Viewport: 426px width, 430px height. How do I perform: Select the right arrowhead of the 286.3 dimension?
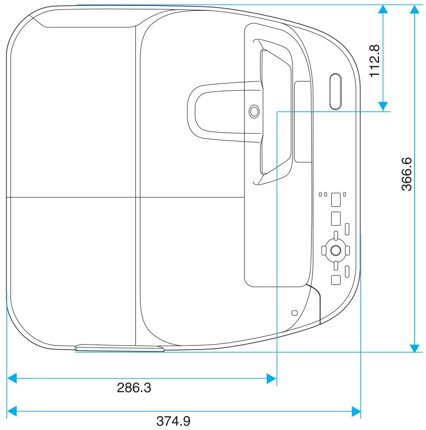pyautogui.click(x=271, y=379)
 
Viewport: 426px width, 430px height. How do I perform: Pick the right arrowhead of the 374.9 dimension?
pyautogui.click(x=355, y=411)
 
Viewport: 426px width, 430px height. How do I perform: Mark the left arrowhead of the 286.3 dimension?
pyautogui.click(x=12, y=379)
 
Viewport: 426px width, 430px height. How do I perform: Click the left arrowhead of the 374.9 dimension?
pyautogui.click(x=12, y=411)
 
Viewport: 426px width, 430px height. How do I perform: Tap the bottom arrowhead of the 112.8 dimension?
pyautogui.click(x=383, y=106)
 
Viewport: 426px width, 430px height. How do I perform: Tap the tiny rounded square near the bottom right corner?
pyautogui.click(x=295, y=313)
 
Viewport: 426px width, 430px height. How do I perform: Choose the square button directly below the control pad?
pyautogui.click(x=335, y=279)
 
